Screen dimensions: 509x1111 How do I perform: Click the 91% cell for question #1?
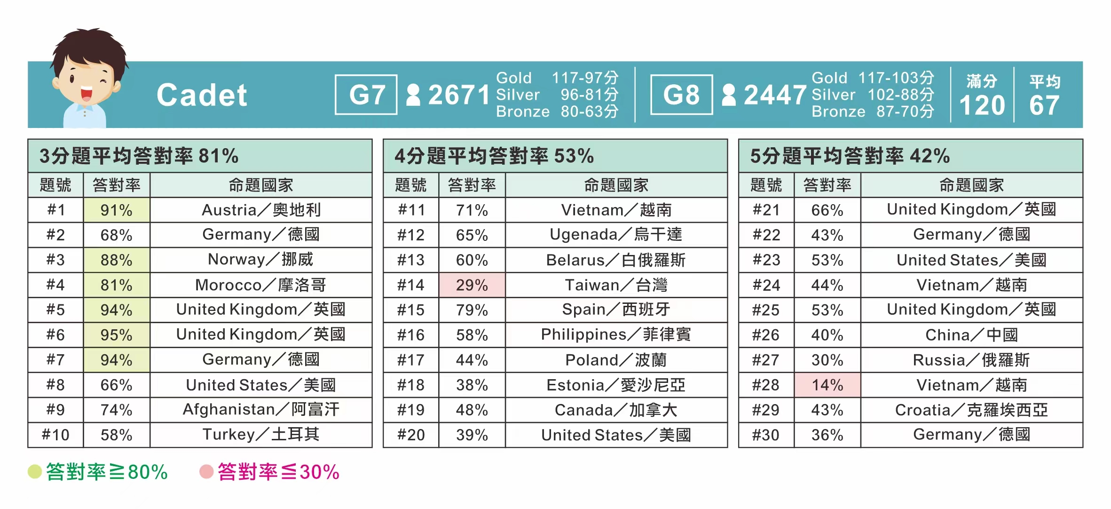117,210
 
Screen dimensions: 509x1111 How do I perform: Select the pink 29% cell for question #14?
472,285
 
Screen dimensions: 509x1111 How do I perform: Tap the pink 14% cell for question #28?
827,385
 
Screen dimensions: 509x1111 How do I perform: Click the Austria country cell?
261,210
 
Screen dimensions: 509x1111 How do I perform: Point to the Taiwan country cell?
616,285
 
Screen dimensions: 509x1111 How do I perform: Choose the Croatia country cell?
971,410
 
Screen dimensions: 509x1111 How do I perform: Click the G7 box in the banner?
366,95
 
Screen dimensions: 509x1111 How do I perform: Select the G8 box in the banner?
681,95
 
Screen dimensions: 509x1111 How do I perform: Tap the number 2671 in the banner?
459,95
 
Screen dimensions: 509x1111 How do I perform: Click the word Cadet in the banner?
202,95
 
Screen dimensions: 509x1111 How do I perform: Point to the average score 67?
1044,105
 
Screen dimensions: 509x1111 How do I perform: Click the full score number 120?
982,105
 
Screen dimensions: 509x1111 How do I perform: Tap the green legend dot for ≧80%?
35,471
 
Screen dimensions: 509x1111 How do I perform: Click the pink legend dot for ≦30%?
206,471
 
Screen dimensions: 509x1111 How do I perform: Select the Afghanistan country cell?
261,410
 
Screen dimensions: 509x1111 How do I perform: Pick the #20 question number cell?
411,435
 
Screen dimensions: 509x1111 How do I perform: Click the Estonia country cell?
616,385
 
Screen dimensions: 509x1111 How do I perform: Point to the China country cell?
971,335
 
